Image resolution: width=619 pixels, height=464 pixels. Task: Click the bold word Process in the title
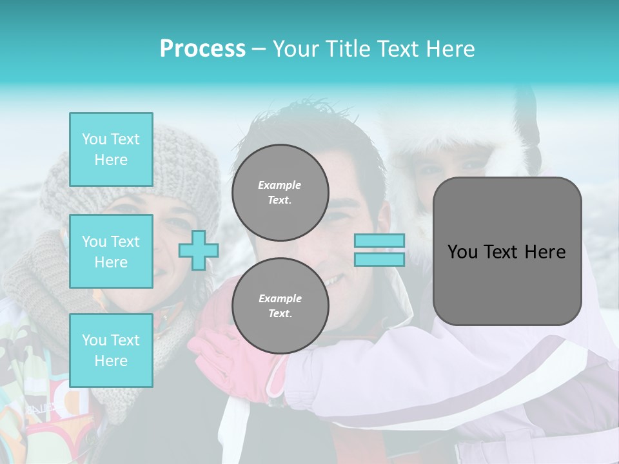pyautogui.click(x=202, y=49)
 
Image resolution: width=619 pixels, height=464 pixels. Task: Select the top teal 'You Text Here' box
pyautogui.click(x=111, y=150)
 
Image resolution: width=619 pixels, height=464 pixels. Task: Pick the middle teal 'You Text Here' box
pyautogui.click(x=111, y=251)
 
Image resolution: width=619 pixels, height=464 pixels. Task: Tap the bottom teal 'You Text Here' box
pyautogui.click(x=111, y=351)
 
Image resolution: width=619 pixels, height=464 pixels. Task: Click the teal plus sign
pyautogui.click(x=199, y=250)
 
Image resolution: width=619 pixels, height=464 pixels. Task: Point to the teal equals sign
pyautogui.click(x=379, y=250)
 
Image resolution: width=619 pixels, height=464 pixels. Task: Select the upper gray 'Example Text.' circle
pyautogui.click(x=280, y=193)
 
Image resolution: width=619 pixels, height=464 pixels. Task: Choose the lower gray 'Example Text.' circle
pyautogui.click(x=280, y=306)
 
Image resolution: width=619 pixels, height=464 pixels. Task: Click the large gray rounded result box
pyautogui.click(x=507, y=251)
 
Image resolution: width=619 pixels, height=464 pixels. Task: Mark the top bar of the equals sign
pyautogui.click(x=379, y=241)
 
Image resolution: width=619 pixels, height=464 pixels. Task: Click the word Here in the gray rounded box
pyautogui.click(x=544, y=252)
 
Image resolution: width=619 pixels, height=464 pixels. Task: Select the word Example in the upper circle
pyautogui.click(x=279, y=185)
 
